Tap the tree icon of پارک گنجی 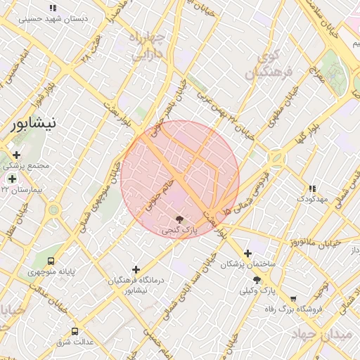pyautogui.click(x=180, y=219)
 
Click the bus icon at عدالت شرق pyautogui.click(x=75, y=331)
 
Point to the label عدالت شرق pyautogui.click(x=75, y=342)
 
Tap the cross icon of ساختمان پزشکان pyautogui.click(x=247, y=253)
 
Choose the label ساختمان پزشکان pyautogui.click(x=247, y=264)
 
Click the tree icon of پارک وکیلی pyautogui.click(x=266, y=280)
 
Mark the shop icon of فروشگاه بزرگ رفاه pyautogui.click(x=292, y=299)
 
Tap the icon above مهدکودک pyautogui.click(x=312, y=188)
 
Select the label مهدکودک pyautogui.click(x=313, y=199)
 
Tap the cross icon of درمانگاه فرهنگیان pyautogui.click(x=136, y=269)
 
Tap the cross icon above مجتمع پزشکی pyautogui.click(x=15, y=155)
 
